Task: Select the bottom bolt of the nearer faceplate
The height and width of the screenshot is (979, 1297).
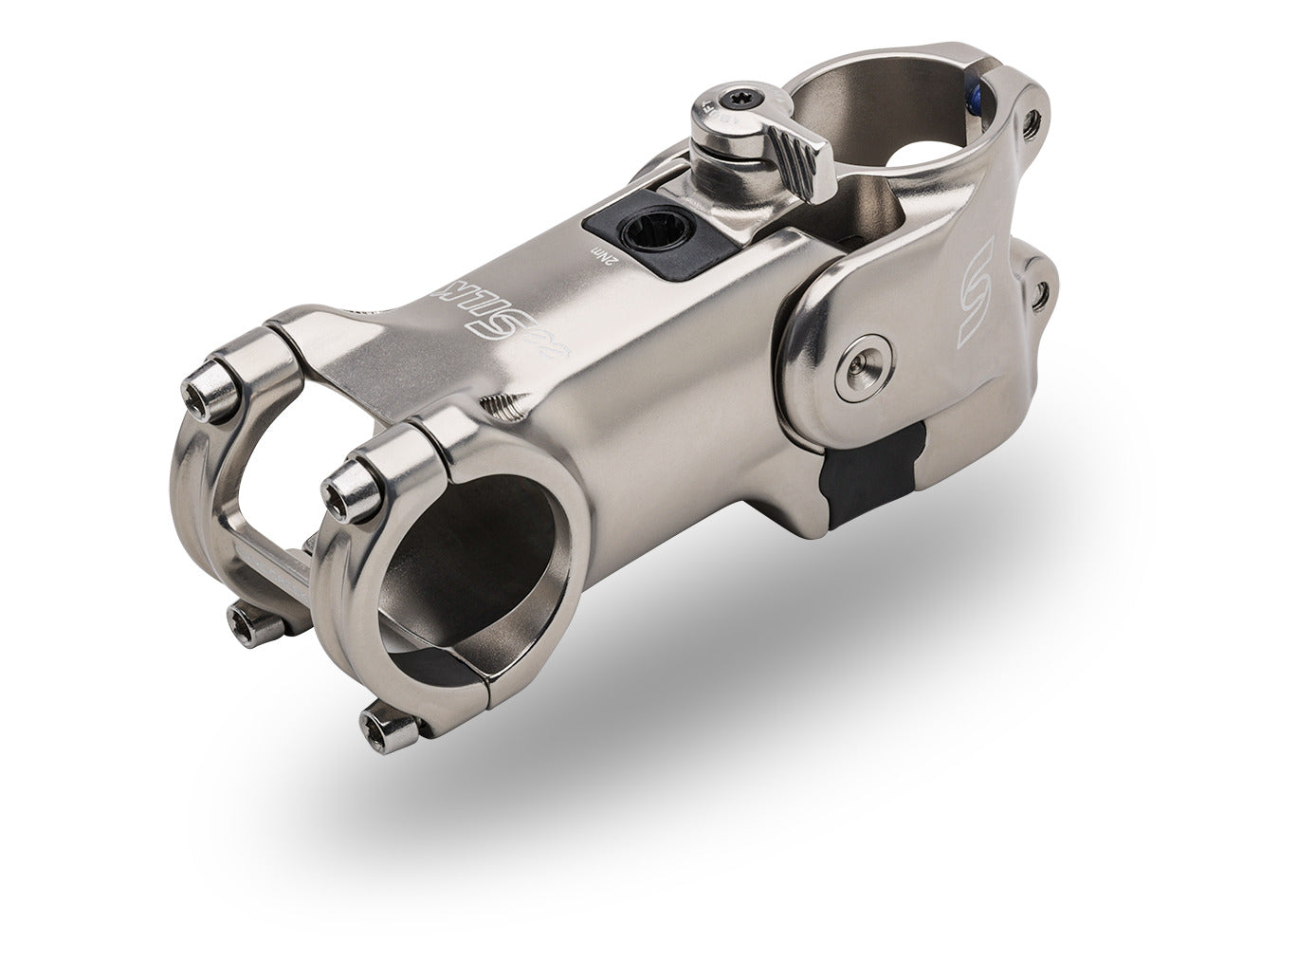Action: click(388, 729)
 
